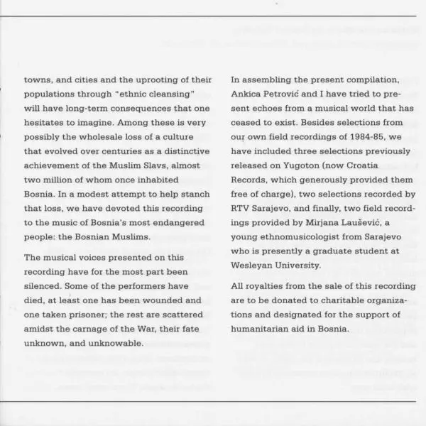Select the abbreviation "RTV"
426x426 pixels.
[x=242, y=207]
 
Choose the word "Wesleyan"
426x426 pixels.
[x=253, y=265]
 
